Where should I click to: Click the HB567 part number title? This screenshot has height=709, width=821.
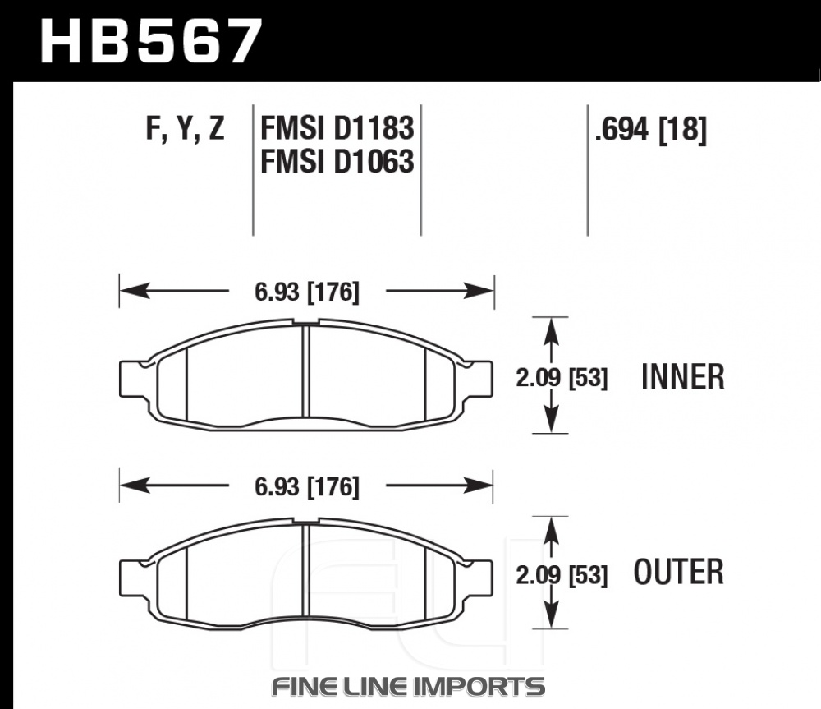(x=150, y=41)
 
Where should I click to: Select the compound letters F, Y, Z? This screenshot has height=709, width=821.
(x=186, y=129)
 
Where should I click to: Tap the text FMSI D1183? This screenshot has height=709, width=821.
(x=337, y=128)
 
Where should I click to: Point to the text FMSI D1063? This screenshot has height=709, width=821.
(x=337, y=161)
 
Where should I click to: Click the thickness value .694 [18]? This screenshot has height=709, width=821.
(x=651, y=130)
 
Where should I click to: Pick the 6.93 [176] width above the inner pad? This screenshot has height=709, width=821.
(x=307, y=292)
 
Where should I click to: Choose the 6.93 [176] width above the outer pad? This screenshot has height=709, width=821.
(x=307, y=487)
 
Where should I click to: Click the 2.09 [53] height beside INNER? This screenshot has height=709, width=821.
(x=562, y=377)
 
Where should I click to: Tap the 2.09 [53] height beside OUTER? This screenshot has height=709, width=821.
(x=562, y=574)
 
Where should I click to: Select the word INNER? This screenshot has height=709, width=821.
(x=683, y=377)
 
